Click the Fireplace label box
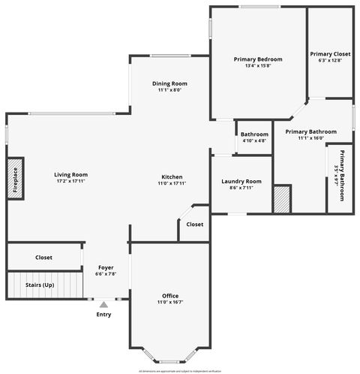click(x=16, y=179)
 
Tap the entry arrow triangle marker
click(x=103, y=303)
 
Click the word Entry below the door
click(x=103, y=314)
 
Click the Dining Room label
click(x=169, y=83)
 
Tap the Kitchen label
click(x=171, y=176)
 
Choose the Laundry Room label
click(x=241, y=181)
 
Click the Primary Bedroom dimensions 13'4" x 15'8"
click(x=258, y=66)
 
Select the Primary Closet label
click(x=330, y=54)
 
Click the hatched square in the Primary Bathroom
click(x=281, y=199)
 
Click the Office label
click(x=170, y=295)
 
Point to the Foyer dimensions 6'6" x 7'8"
click(x=106, y=274)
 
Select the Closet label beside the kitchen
click(x=194, y=224)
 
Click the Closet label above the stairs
click(x=43, y=258)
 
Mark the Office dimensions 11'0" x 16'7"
click(x=170, y=302)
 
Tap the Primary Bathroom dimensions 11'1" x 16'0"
click(x=304, y=138)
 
